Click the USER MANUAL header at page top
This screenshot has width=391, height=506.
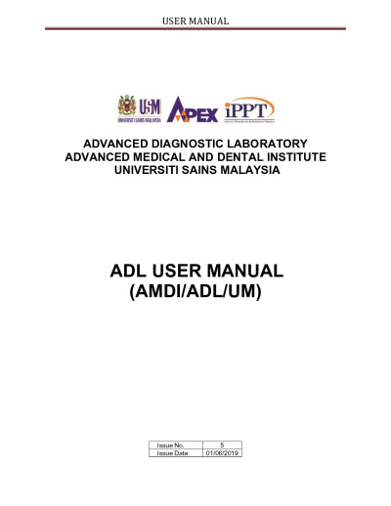195,20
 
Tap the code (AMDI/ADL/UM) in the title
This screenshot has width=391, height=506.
195,290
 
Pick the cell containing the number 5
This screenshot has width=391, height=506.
223,445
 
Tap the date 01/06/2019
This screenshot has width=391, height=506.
223,453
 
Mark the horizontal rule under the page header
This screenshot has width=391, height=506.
195,28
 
